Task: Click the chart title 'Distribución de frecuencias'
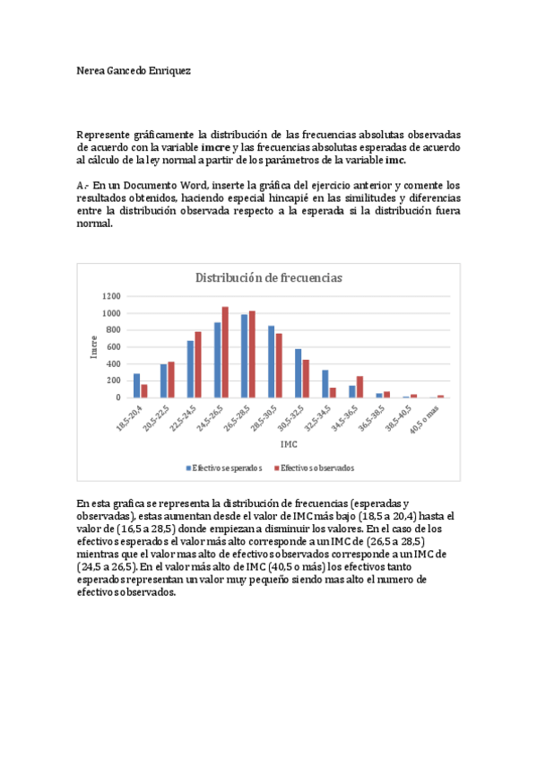click(x=269, y=278)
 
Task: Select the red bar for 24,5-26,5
click(x=225, y=352)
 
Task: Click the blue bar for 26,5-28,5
click(x=244, y=355)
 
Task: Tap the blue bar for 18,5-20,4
click(x=136, y=385)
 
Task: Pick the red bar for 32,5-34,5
click(x=333, y=392)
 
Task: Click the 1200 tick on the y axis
click(x=111, y=296)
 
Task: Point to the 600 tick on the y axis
click(x=111, y=346)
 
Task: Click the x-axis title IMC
click(x=289, y=443)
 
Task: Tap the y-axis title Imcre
click(x=94, y=346)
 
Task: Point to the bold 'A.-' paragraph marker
click(x=83, y=186)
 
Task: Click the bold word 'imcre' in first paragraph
click(x=216, y=147)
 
